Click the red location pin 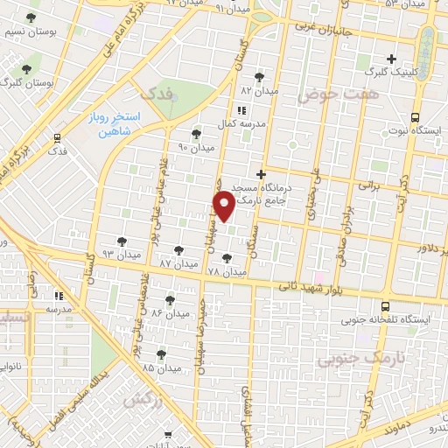224,205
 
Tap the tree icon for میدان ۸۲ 259,77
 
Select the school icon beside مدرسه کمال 242,109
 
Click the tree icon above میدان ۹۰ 194,134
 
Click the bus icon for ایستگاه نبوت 415,116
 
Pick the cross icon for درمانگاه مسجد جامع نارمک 261,174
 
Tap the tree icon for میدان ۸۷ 178,250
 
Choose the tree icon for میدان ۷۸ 228,258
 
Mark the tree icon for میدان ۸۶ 170,299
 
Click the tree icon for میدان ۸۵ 161,354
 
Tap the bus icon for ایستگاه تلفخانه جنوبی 386,306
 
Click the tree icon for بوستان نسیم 31,17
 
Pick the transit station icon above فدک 57,137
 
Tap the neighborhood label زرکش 133,399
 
